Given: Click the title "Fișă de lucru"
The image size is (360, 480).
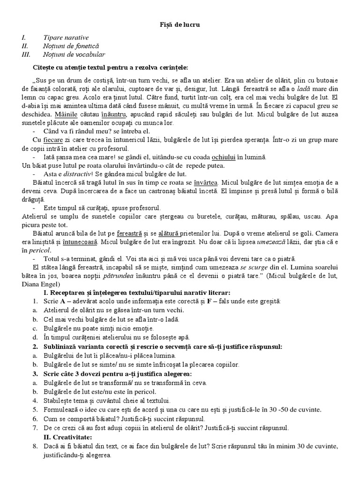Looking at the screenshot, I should tap(180, 24).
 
